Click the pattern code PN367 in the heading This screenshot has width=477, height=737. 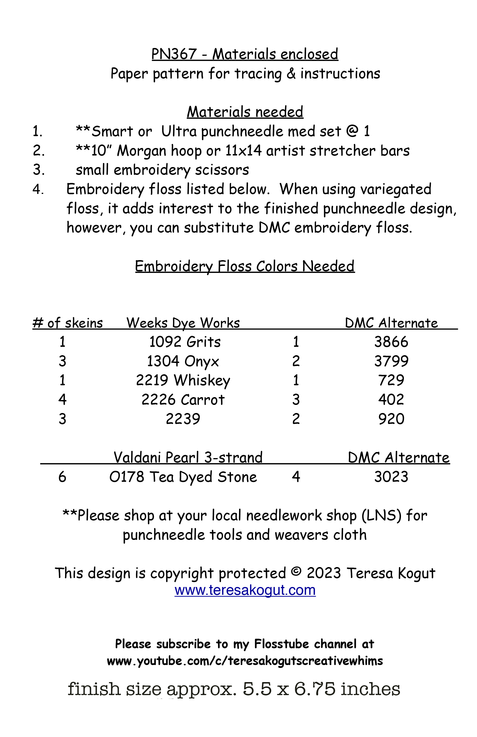(x=174, y=54)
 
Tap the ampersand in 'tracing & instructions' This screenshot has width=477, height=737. (x=291, y=74)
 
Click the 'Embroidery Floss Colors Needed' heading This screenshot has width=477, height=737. (x=245, y=266)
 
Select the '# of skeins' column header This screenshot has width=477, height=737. (x=68, y=323)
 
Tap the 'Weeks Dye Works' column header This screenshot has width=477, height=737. (x=183, y=323)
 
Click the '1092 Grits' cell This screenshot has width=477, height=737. (x=185, y=342)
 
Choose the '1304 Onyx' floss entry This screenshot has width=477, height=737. (x=183, y=361)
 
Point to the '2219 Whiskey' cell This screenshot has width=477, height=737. (x=183, y=381)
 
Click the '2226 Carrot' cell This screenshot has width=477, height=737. (x=183, y=400)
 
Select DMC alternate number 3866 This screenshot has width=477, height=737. (x=391, y=342)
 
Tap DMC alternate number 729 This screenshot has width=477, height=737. (x=391, y=381)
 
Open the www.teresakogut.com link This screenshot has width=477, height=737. (x=245, y=590)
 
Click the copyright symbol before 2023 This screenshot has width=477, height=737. (x=296, y=571)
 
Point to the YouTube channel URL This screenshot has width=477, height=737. (x=245, y=661)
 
